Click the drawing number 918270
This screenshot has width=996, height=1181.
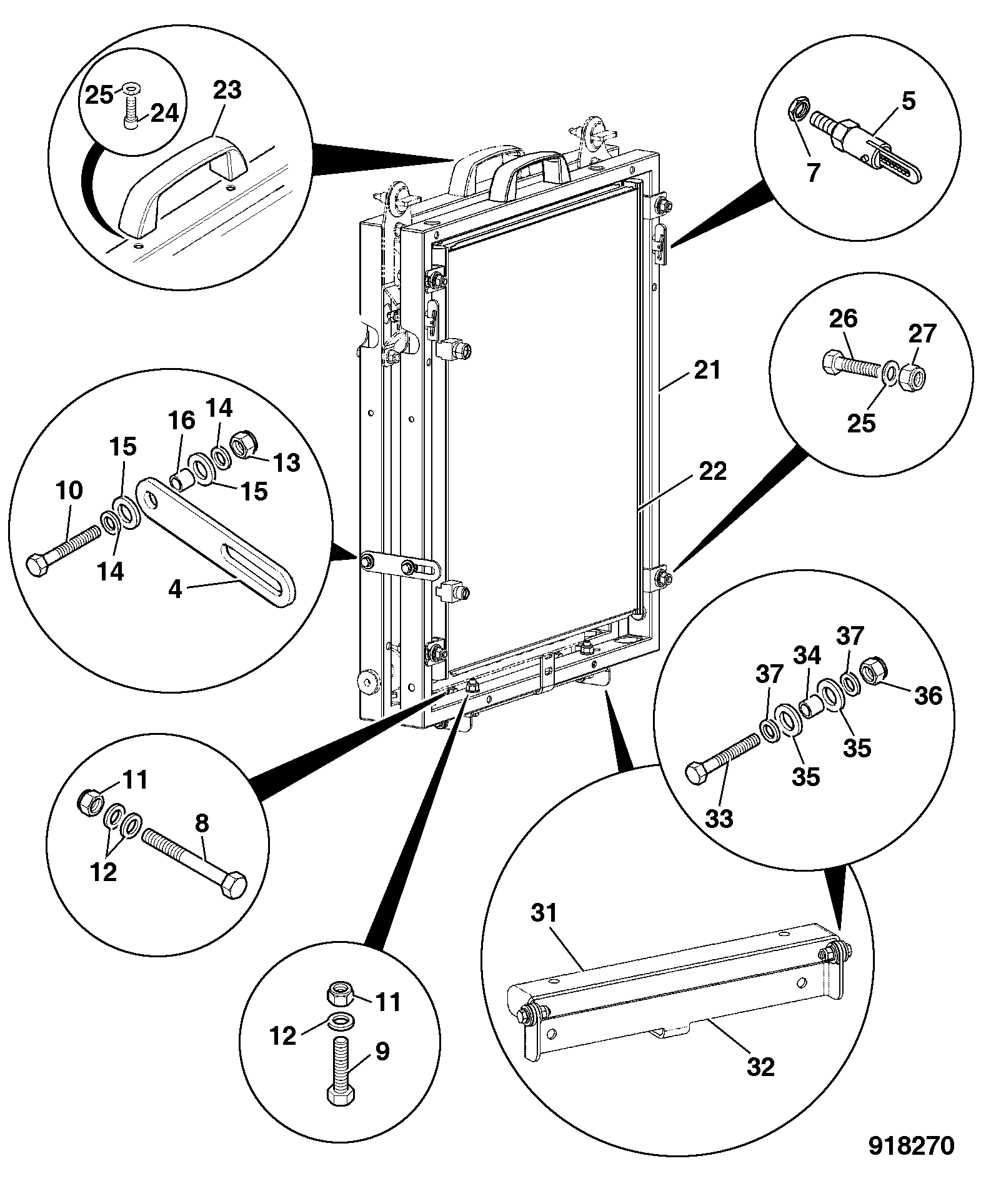(912, 1146)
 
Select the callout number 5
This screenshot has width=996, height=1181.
(908, 101)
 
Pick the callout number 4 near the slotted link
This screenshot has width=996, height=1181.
(175, 588)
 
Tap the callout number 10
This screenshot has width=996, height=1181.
(69, 491)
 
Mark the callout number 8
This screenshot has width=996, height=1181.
(202, 824)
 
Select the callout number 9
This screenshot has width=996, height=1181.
(382, 1052)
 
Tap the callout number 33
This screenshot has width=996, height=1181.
(719, 818)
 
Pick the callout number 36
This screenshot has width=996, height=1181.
(927, 695)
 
